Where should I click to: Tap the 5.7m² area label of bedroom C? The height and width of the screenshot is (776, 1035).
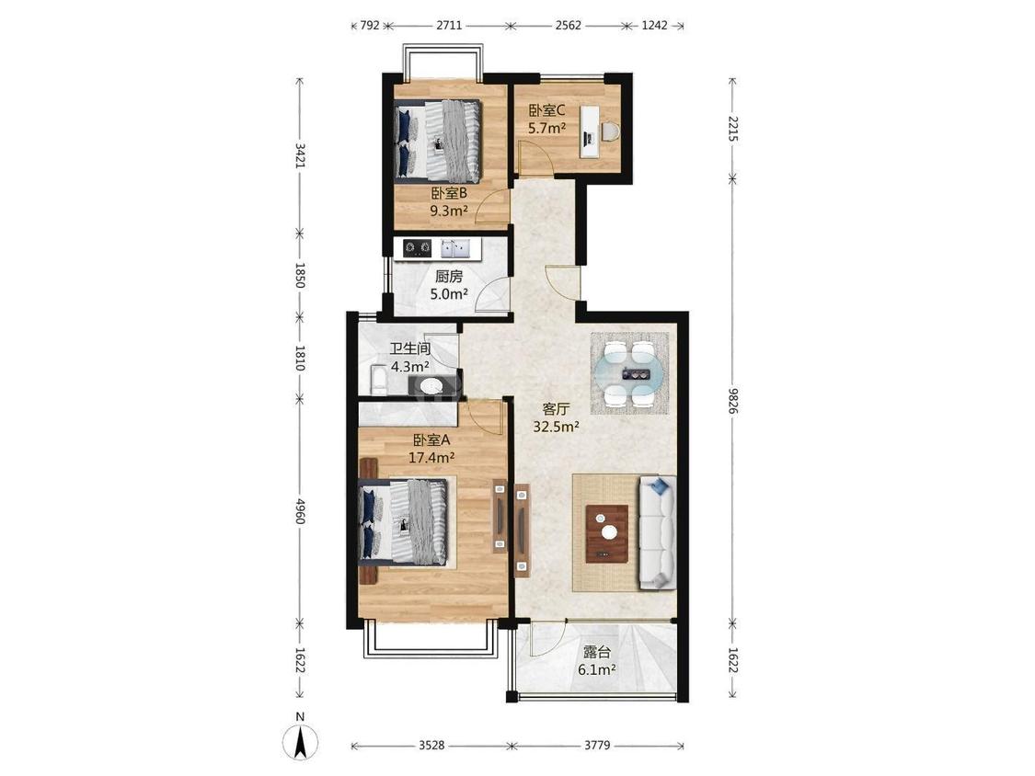click(x=546, y=128)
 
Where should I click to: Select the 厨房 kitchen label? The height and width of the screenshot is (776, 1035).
click(x=449, y=277)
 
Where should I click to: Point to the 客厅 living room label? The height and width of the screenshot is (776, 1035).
click(x=556, y=409)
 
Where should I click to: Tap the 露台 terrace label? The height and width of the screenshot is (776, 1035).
click(x=597, y=653)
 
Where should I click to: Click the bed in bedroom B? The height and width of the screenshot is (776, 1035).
click(x=438, y=141)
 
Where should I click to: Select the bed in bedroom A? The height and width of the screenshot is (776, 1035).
click(x=403, y=521)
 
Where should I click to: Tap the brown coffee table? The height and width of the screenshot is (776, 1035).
click(x=607, y=533)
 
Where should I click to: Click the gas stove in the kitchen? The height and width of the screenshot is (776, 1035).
click(x=417, y=248)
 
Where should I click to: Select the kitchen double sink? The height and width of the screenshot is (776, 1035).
click(x=455, y=248)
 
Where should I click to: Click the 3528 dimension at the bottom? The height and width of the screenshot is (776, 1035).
click(x=431, y=746)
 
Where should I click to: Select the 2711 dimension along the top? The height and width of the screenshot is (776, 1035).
click(x=449, y=26)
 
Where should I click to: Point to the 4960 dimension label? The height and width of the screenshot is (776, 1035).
click(x=300, y=510)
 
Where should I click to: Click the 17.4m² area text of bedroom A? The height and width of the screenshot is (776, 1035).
click(x=431, y=457)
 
